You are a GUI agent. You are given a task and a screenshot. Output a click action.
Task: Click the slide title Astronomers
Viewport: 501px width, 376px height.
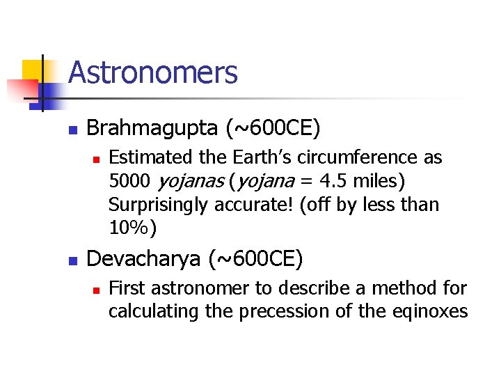point(153,72)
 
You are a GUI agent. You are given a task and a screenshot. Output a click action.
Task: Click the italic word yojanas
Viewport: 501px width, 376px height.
point(191,182)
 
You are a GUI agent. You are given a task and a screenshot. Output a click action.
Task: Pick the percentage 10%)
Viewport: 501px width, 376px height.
point(133,228)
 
